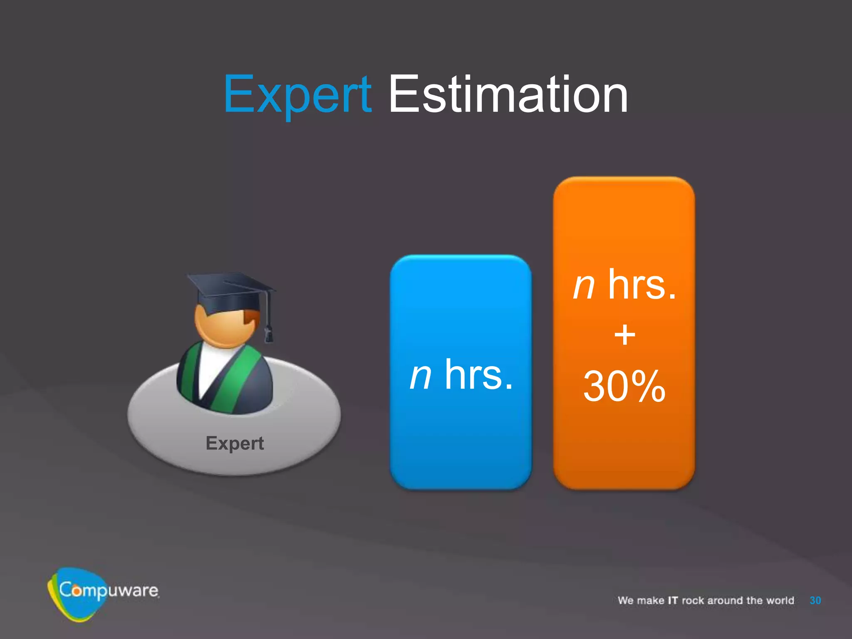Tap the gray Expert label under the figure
coord(235,443)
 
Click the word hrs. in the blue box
coord(478,374)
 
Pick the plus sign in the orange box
coord(624,335)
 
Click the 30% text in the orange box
coord(624,386)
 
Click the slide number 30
coord(815,600)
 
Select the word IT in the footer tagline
coord(673,600)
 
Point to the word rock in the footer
coord(693,600)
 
